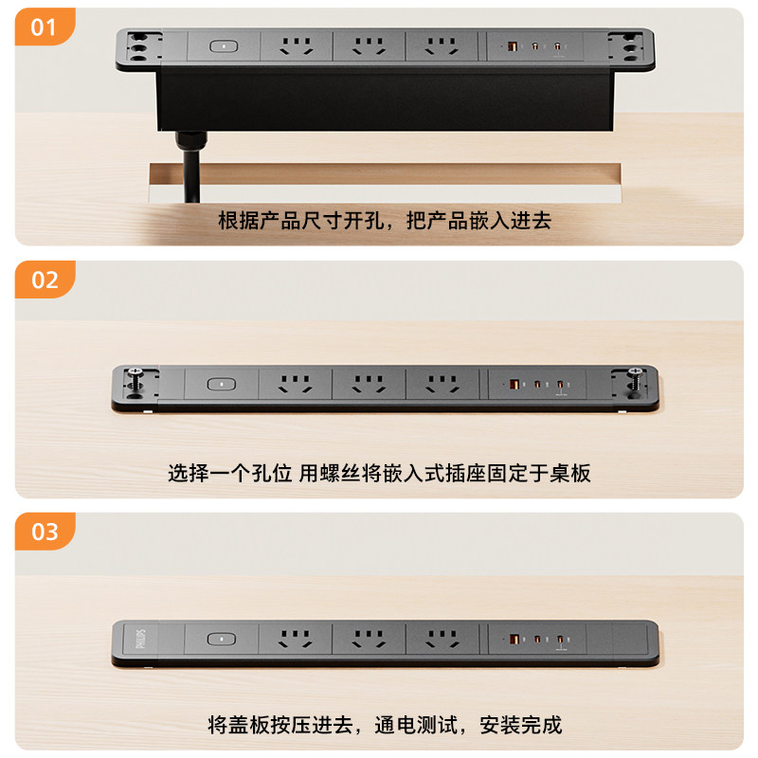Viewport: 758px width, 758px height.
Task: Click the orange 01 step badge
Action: tap(44, 27)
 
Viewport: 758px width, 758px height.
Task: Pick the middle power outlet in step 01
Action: tap(368, 45)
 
